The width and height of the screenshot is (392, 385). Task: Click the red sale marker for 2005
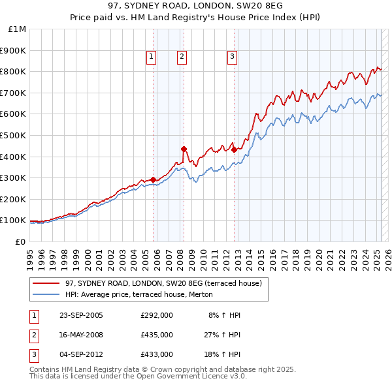154,179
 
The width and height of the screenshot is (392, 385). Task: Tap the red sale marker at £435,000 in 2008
184,149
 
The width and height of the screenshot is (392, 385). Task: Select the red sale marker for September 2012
234,149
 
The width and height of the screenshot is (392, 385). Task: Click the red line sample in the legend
46,283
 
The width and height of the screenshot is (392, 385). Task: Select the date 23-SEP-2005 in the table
81,315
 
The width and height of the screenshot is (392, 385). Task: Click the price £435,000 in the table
156,335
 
